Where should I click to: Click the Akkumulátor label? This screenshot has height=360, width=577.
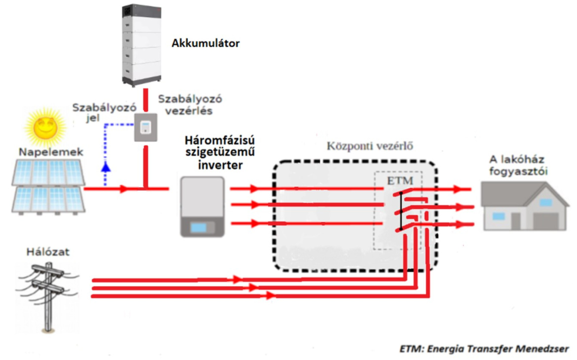pyautogui.click(x=205, y=43)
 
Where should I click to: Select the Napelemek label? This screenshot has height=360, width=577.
pyautogui.click(x=51, y=151)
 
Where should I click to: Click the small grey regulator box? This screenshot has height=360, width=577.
pyautogui.click(x=145, y=128)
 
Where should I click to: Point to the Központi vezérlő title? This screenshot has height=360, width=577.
pyautogui.click(x=370, y=146)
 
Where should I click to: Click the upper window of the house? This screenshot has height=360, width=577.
pyautogui.click(x=545, y=202)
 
